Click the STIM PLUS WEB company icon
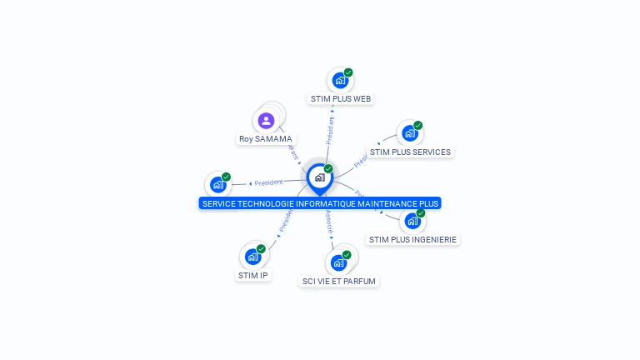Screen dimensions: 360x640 pyautogui.click(x=339, y=80)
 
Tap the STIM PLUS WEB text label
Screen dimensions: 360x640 pyautogui.click(x=340, y=98)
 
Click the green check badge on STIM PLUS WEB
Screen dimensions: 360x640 pyautogui.click(x=348, y=72)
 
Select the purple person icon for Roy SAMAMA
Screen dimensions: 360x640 pyautogui.click(x=266, y=121)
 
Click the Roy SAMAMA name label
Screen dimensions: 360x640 pyautogui.click(x=266, y=139)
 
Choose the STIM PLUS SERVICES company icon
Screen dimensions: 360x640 pyautogui.click(x=409, y=133)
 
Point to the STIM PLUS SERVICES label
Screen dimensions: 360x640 pyautogui.click(x=410, y=152)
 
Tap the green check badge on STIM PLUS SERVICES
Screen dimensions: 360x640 pyautogui.click(x=417, y=126)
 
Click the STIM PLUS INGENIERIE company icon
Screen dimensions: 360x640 pyautogui.click(x=412, y=221)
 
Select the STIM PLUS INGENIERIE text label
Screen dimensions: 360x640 pyautogui.click(x=413, y=239)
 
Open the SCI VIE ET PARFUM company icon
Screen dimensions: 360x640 pyautogui.click(x=338, y=262)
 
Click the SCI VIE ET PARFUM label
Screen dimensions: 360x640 pyautogui.click(x=339, y=281)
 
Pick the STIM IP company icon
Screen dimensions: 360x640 pyautogui.click(x=252, y=257)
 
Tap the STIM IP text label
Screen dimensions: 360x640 pyautogui.click(x=253, y=275)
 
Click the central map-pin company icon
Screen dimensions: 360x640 pyautogui.click(x=319, y=177)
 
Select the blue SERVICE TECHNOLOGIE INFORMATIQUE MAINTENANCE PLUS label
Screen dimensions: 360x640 pyautogui.click(x=320, y=203)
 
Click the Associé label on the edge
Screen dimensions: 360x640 pyautogui.click(x=329, y=222)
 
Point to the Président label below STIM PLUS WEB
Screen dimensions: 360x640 pyautogui.click(x=331, y=130)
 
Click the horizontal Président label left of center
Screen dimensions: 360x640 pyautogui.click(x=268, y=182)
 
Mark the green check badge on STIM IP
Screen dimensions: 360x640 pyautogui.click(x=261, y=249)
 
